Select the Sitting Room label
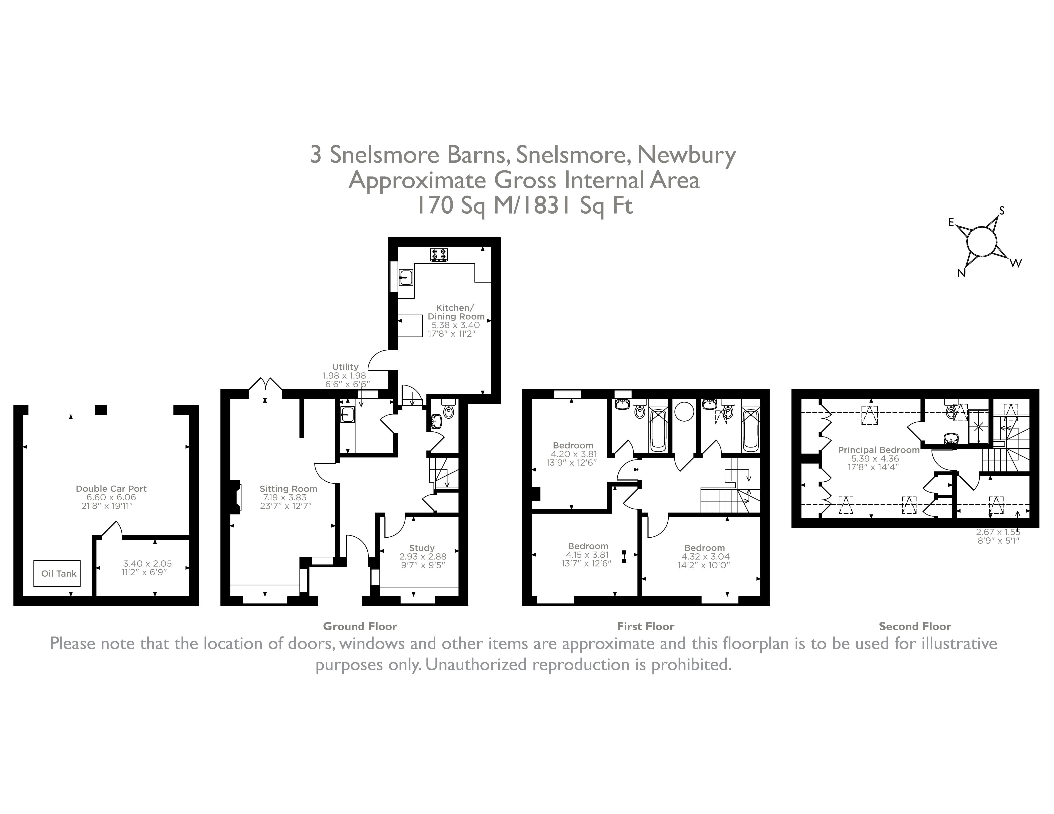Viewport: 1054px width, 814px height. tap(288, 489)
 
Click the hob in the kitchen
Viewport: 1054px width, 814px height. tap(439, 255)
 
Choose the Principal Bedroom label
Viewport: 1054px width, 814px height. tap(878, 450)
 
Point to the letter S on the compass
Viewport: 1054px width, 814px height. tap(1001, 211)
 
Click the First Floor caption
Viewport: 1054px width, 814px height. tap(645, 627)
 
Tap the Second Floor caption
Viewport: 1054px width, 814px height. tap(914, 627)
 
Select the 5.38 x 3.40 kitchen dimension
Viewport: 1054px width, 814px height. tap(456, 325)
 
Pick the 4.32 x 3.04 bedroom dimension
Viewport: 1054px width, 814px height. tap(705, 557)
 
